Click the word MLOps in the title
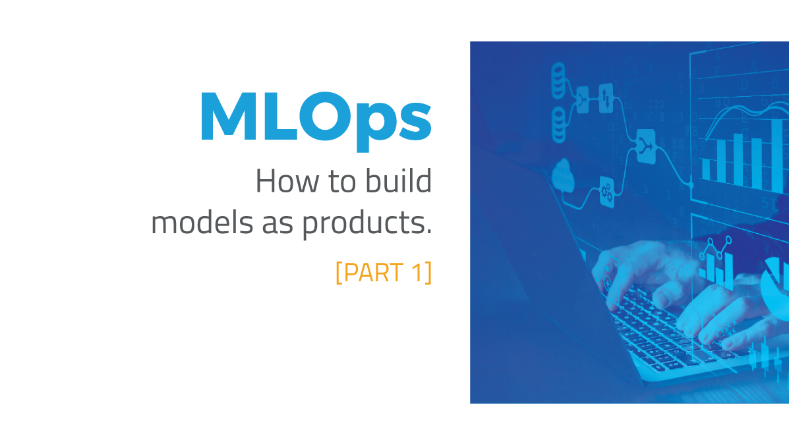coord(316,119)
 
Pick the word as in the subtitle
coord(278,225)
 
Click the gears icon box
coord(606,192)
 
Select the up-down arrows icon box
coord(606,97)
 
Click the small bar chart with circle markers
coord(715,264)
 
